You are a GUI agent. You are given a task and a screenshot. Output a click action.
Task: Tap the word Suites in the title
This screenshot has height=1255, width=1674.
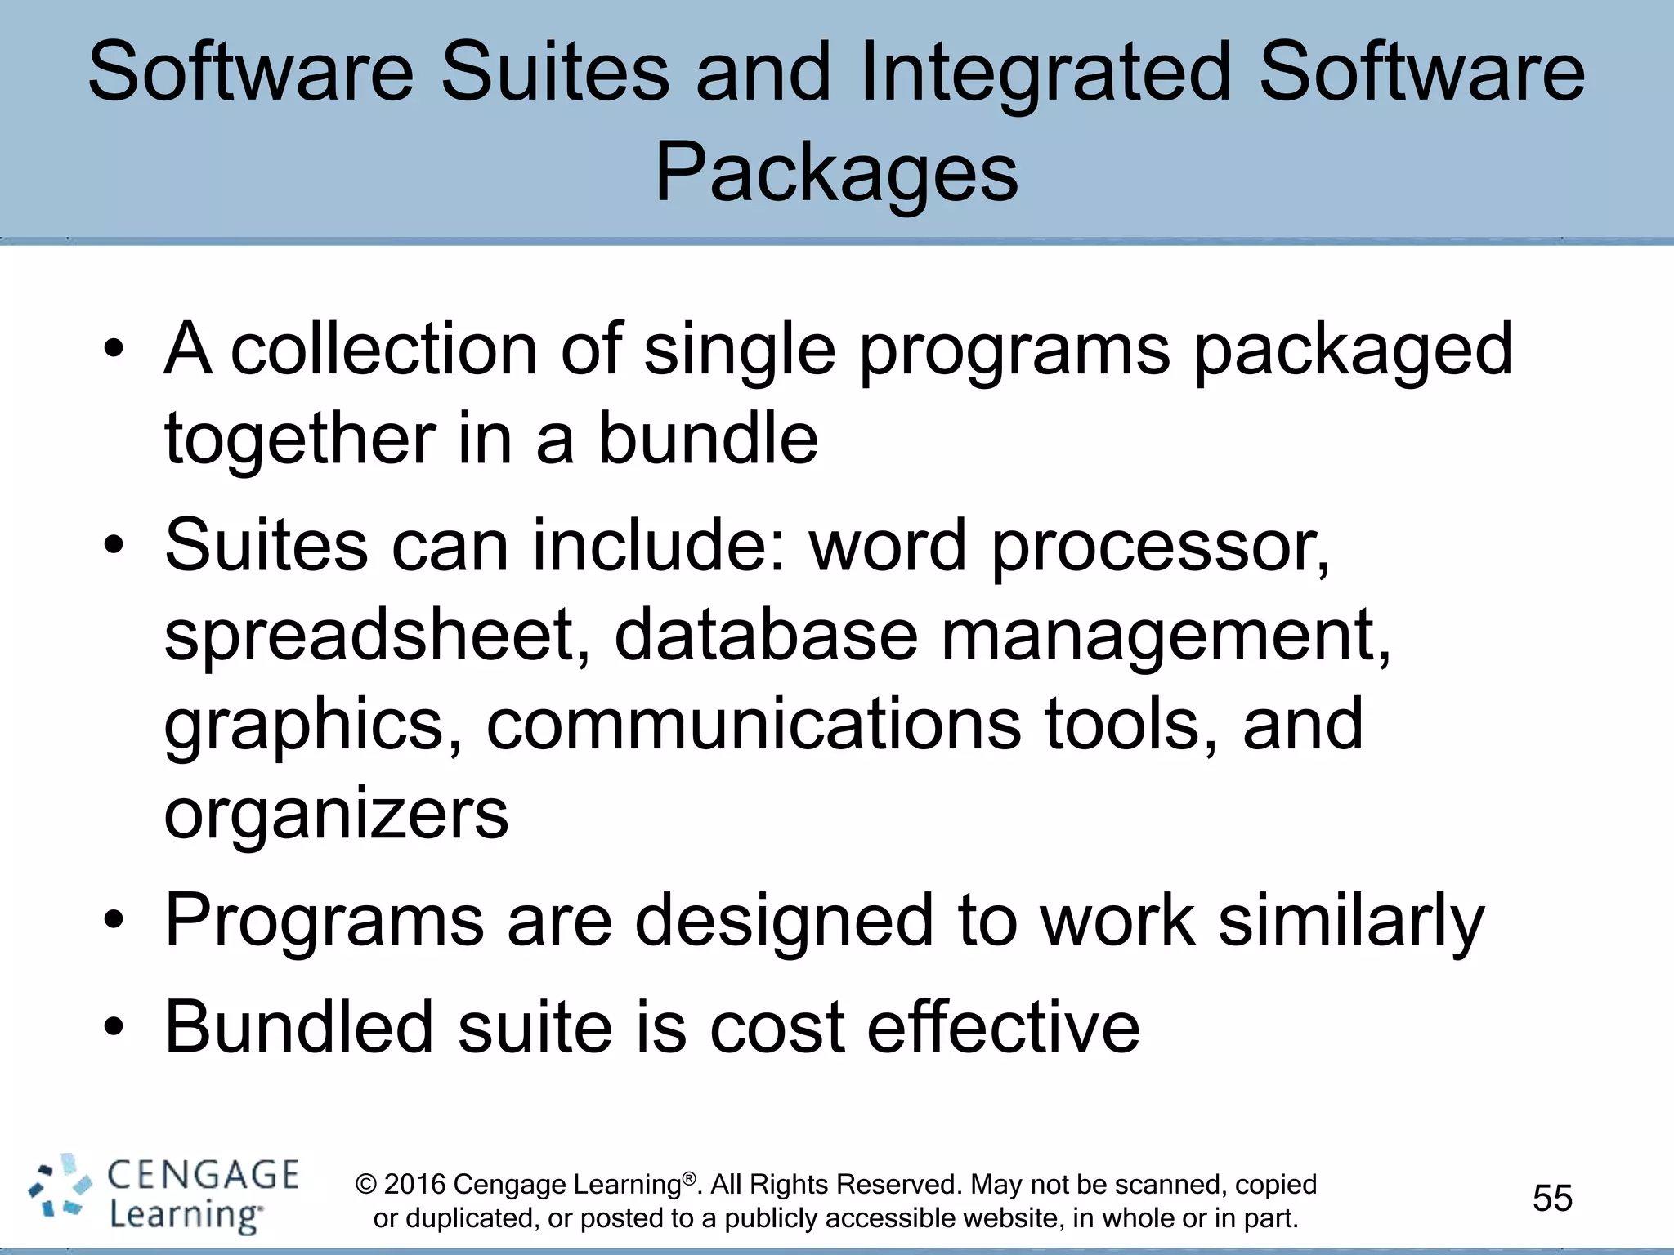(556, 74)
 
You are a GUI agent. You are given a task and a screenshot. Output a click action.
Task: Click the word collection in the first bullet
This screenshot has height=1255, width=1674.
(384, 349)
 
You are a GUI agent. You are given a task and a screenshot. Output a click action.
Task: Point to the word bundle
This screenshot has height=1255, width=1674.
(708, 439)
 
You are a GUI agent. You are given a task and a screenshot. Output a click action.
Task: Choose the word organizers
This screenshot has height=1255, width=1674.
(336, 815)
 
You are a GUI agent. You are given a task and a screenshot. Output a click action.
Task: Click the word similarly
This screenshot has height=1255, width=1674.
(1351, 922)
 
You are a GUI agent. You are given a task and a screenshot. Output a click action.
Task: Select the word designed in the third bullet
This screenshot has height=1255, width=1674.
(785, 922)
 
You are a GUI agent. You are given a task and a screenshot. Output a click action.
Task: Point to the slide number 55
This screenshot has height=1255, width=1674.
(1552, 1198)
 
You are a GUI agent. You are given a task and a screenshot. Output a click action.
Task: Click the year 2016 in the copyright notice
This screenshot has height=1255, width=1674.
(414, 1185)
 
